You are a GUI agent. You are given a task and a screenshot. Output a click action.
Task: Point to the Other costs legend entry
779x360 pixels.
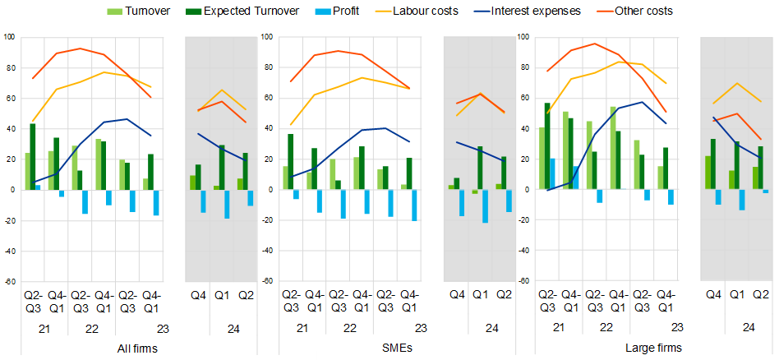coord(642,11)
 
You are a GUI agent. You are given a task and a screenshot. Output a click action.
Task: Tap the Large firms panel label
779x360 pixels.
coord(653,348)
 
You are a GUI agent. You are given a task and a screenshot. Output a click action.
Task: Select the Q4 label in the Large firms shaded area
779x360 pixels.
coord(713,295)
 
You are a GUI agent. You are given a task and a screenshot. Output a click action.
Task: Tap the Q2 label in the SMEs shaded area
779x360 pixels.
coord(503,295)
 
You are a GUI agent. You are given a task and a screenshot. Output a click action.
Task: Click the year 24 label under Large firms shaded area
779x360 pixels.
coord(749,327)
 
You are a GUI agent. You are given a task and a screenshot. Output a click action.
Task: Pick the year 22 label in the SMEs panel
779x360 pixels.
coord(349,327)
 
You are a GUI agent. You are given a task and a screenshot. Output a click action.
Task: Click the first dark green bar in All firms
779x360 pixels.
coord(33,157)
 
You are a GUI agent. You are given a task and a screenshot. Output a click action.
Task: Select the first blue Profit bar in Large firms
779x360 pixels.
coord(553,174)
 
